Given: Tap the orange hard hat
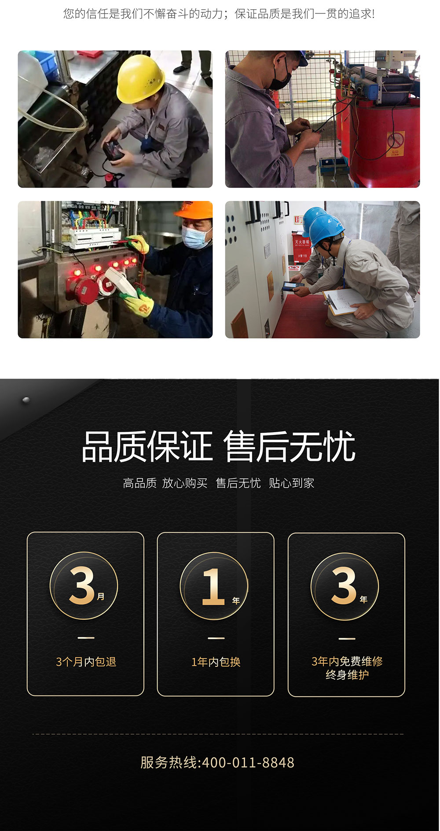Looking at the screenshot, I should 195,210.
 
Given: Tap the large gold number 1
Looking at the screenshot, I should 213,586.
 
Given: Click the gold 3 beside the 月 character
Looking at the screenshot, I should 82,585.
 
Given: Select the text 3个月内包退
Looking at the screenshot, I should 86,662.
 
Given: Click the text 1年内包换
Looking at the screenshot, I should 216,662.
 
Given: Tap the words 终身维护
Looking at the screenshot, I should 347,675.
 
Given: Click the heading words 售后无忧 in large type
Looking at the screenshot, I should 289,447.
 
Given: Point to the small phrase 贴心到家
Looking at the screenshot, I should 291,483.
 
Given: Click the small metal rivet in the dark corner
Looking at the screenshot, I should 26,400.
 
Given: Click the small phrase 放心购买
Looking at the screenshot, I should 185,483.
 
